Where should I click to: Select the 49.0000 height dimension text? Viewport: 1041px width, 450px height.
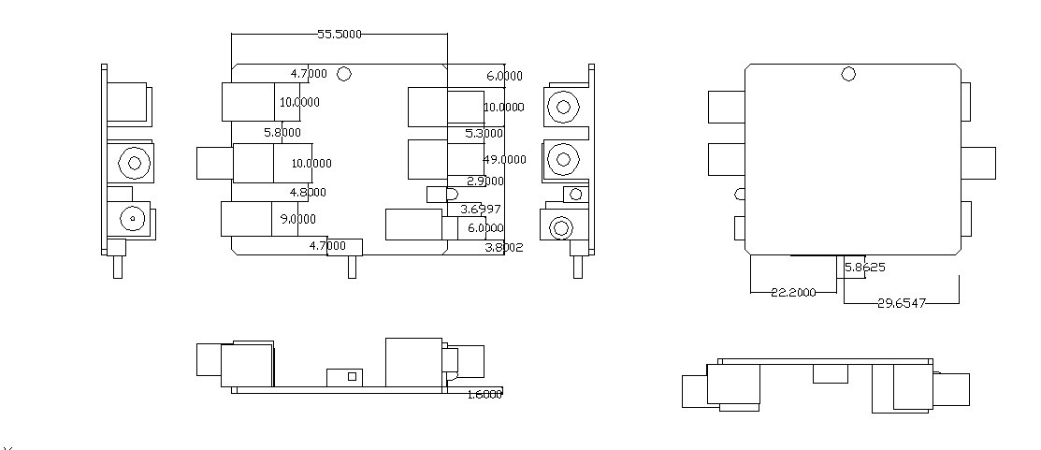[x=504, y=160]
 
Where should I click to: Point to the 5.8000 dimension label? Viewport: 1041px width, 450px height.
[x=282, y=133]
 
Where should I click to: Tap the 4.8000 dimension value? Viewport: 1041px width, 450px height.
[x=308, y=193]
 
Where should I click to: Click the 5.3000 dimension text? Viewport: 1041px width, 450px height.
[x=484, y=134]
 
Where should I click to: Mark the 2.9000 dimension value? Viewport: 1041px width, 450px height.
[x=484, y=181]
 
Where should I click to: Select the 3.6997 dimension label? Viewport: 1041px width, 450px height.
[x=481, y=209]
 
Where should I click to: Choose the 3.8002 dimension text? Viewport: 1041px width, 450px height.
[x=504, y=248]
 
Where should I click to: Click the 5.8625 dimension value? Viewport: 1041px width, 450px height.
[x=865, y=268]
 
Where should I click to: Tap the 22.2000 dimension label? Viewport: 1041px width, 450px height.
[x=793, y=293]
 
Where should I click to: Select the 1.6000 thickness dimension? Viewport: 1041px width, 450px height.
[x=484, y=394]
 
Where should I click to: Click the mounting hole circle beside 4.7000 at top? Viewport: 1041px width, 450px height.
[x=344, y=74]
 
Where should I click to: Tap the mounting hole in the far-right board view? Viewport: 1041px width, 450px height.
[x=848, y=74]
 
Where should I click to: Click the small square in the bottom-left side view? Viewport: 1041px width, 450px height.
[x=352, y=376]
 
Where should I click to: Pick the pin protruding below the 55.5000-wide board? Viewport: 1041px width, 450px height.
[x=352, y=267]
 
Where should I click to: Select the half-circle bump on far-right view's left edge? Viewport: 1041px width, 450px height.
[x=741, y=195]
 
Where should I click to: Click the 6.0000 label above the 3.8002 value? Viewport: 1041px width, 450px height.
[x=485, y=228]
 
